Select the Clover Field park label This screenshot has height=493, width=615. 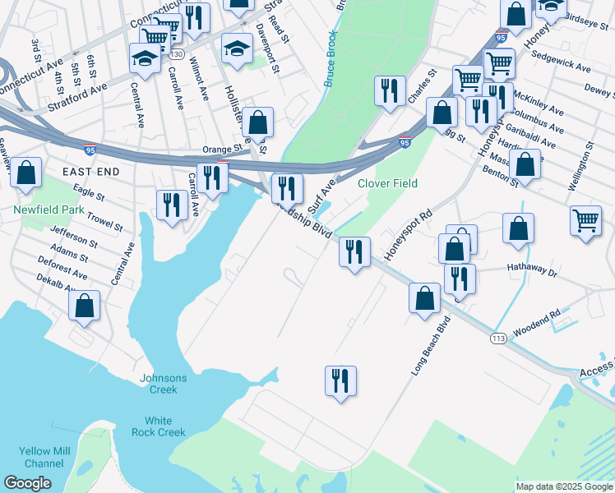387,183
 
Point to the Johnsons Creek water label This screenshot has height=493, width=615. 164,384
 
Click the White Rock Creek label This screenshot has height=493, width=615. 159,426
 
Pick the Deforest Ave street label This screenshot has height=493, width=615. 62,266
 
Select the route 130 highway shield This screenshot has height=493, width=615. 177,53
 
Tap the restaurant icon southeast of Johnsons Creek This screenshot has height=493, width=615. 340,381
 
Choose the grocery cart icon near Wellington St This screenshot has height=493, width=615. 585,221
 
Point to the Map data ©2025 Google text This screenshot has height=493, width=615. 563,486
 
